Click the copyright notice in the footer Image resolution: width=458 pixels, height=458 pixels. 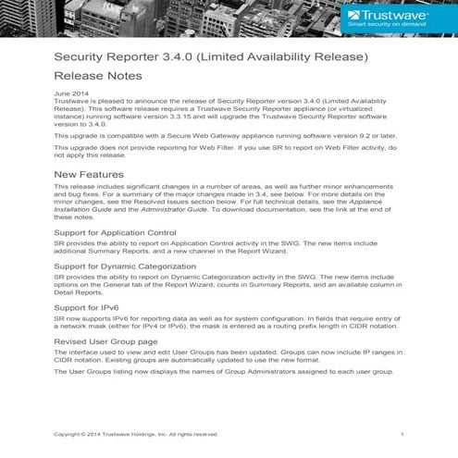point(136,434)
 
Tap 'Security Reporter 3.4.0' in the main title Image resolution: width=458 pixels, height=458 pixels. point(119,57)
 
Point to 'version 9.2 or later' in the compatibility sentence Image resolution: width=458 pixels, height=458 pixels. point(369,136)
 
